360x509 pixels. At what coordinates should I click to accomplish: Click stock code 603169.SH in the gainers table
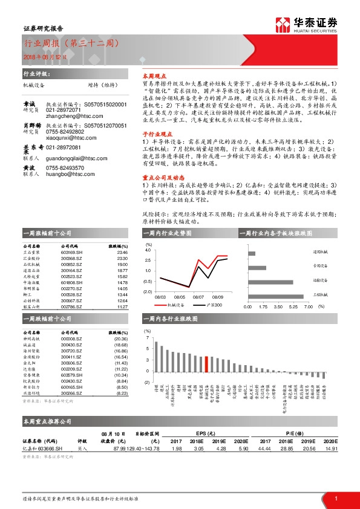[x=72, y=252]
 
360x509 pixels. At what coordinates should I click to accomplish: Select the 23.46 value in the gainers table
[x=122, y=252]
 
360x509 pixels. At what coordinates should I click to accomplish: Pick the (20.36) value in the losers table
[x=120, y=339]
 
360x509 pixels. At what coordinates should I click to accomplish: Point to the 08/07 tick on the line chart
[x=198, y=297]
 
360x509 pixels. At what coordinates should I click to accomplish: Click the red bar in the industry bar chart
[x=206, y=366]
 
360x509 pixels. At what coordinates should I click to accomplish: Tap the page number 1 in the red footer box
[x=336, y=499]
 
